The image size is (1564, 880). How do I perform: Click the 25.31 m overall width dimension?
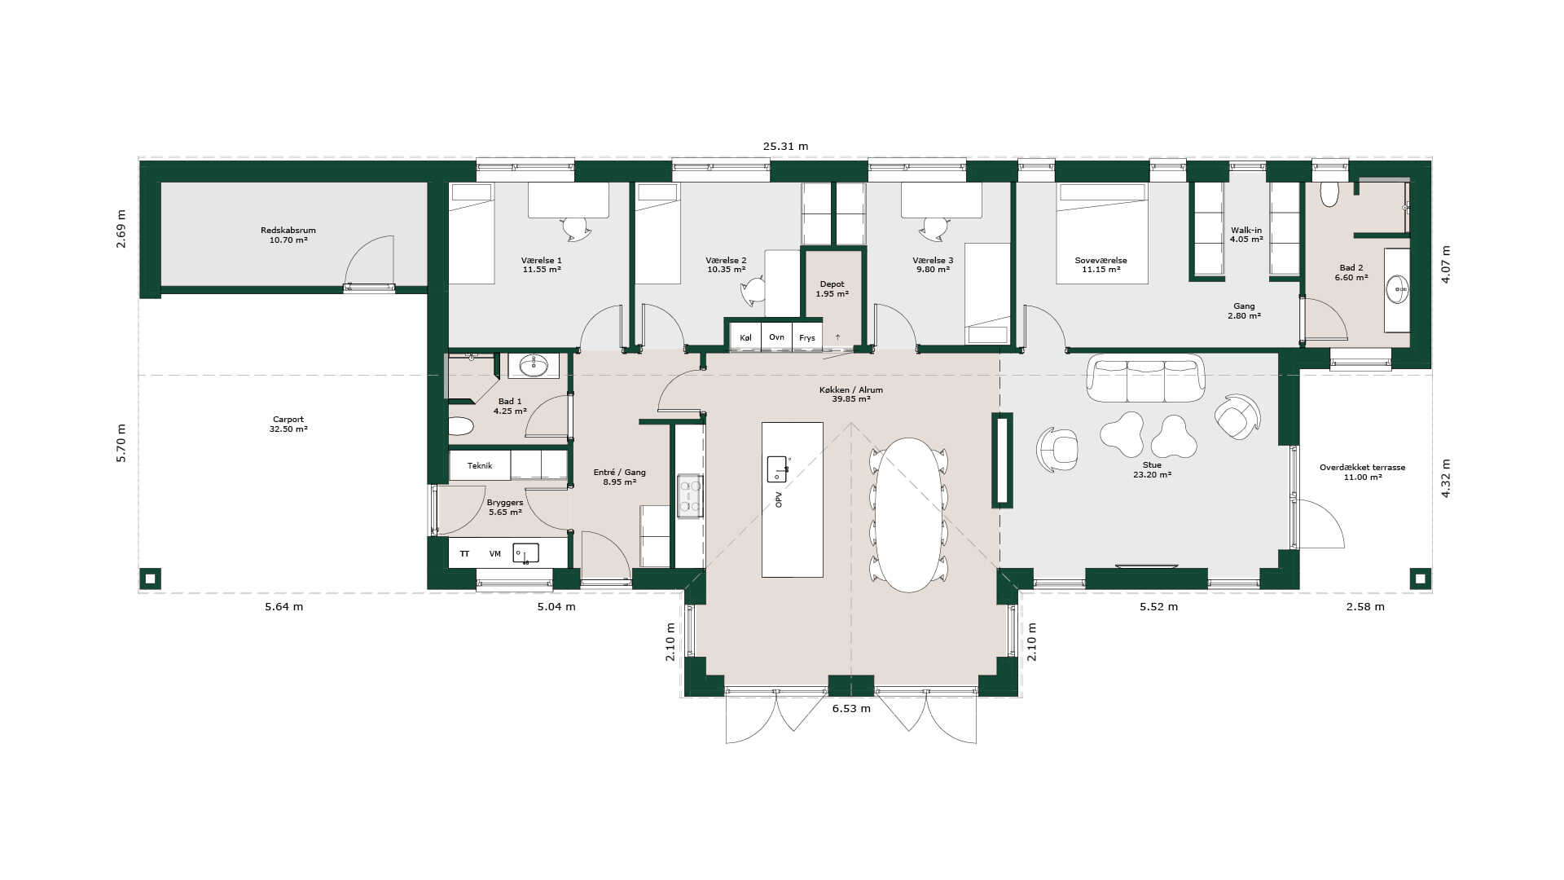pos(785,147)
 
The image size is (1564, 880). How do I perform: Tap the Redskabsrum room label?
pos(288,231)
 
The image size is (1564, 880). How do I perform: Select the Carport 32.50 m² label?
pos(288,425)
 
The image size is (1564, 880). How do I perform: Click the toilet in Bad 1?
pos(461,426)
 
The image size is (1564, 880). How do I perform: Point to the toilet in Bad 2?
pos(1329,194)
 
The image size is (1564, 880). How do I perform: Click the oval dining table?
pos(909,515)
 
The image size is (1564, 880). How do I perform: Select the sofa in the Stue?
pos(1145,378)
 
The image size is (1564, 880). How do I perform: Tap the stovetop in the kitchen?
pos(690,496)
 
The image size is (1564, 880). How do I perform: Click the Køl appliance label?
pos(745,337)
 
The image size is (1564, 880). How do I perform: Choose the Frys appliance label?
pos(806,338)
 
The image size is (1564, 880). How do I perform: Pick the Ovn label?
pos(776,337)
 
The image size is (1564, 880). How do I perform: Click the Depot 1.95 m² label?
pos(832,289)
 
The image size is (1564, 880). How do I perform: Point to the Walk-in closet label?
pos(1246,231)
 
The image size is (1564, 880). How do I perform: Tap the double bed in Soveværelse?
pos(1102,233)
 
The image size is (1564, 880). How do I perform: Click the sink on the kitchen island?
pos(778,469)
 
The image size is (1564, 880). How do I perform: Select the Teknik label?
pos(480,466)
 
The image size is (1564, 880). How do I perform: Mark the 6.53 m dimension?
pos(851,709)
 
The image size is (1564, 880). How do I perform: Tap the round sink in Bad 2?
pos(1399,289)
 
